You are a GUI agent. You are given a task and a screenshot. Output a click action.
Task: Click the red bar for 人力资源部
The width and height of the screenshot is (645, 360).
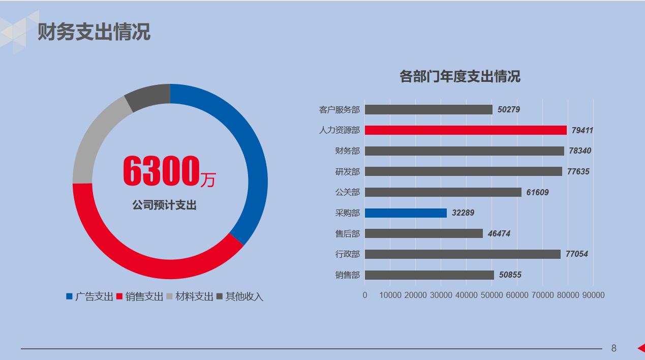point(465,130)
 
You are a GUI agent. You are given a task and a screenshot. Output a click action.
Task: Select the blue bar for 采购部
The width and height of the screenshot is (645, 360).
point(406,213)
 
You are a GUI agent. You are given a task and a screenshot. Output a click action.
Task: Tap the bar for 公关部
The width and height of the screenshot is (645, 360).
point(443,192)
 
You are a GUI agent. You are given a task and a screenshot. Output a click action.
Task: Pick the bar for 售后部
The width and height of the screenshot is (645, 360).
point(423,233)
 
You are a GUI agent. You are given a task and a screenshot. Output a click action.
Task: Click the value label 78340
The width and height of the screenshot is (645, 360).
point(580,151)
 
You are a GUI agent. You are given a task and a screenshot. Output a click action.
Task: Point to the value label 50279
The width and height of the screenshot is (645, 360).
point(509,109)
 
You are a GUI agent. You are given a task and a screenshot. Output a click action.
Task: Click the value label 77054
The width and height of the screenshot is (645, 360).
point(576,254)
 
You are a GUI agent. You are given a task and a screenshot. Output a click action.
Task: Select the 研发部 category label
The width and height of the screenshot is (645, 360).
point(347,172)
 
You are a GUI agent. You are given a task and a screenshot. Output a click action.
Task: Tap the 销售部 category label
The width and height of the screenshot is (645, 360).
point(347,275)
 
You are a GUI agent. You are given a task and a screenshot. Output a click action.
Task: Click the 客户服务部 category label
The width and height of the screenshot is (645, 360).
point(339,109)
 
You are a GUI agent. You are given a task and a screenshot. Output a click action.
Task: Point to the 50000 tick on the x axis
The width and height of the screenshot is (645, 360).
point(492,295)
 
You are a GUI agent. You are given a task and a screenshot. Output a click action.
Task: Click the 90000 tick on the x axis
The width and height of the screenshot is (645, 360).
point(593,295)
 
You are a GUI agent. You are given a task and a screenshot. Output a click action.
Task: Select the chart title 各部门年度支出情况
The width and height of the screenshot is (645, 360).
point(459,77)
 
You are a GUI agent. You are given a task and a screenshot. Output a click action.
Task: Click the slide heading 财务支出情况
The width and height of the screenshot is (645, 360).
point(94,32)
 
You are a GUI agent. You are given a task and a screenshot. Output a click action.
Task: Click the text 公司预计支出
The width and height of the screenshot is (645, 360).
point(164,205)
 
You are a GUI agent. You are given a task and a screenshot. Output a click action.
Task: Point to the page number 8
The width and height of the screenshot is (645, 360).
point(613,348)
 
